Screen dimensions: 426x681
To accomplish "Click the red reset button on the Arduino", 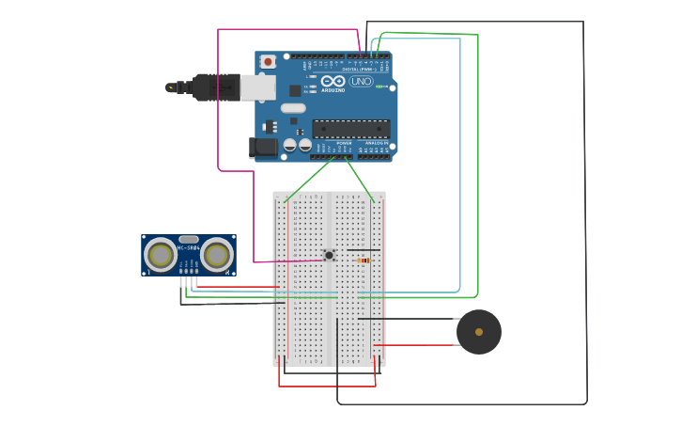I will pos(268,62).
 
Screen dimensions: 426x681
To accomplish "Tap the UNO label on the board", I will pos(361,82).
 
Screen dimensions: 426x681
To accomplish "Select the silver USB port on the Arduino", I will pos(257,87).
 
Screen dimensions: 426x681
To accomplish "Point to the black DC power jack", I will pos(264,147).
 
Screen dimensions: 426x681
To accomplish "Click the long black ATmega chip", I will pos(350,129).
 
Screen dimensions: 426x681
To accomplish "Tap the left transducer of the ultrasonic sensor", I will pos(161,255).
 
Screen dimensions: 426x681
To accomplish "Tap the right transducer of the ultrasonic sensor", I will pos(217,255).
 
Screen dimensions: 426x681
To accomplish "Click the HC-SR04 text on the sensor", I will pos(188,247).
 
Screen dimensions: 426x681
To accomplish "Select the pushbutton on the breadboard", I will pos(329,255).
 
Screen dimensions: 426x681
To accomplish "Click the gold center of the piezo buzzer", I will pos(479,332).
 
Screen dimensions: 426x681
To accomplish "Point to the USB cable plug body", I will pos(215,87).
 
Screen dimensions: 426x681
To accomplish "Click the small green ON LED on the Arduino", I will pos(380,87).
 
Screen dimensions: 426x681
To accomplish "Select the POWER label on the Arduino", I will pos(331,143).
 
